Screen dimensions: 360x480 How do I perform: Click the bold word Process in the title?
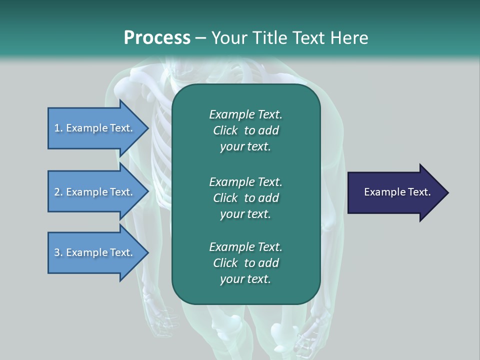tap(157, 38)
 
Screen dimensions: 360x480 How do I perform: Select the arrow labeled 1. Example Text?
tap(95, 128)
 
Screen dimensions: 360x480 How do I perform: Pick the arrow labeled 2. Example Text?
tap(95, 192)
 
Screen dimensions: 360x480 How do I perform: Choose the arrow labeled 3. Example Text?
tap(95, 252)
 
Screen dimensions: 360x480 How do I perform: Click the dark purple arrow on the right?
tap(395, 192)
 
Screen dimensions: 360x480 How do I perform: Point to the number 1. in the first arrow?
tap(58, 128)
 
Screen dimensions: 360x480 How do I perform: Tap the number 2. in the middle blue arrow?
tap(58, 192)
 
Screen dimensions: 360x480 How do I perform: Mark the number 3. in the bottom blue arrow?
tap(58, 252)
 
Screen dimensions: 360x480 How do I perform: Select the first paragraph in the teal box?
tap(245, 130)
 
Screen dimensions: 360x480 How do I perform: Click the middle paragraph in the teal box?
tap(245, 197)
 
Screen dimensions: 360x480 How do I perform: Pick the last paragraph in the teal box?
tap(245, 263)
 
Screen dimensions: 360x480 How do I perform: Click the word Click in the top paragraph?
tap(225, 130)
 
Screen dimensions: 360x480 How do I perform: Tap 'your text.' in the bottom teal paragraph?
tap(245, 279)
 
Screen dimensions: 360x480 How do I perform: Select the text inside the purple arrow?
tap(397, 192)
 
